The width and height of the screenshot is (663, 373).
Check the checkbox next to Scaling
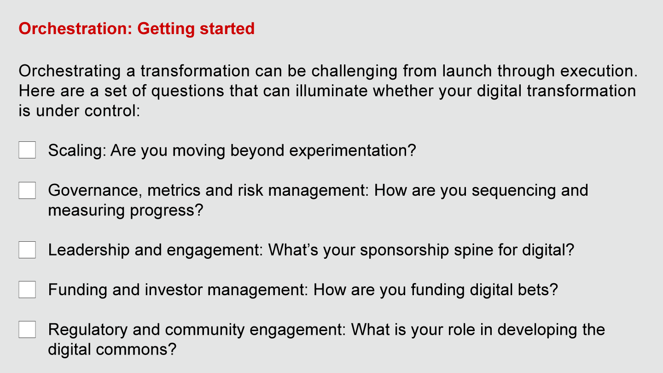27,150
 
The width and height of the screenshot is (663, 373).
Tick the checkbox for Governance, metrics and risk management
27,190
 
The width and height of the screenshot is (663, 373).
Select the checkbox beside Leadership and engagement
27,250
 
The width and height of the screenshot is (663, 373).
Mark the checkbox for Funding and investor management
27,290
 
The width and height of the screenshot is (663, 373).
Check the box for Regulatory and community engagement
27,330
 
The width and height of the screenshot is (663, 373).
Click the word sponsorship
405,251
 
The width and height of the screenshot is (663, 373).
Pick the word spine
474,251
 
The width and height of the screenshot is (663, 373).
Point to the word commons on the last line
136,350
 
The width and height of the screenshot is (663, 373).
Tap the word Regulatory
88,330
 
